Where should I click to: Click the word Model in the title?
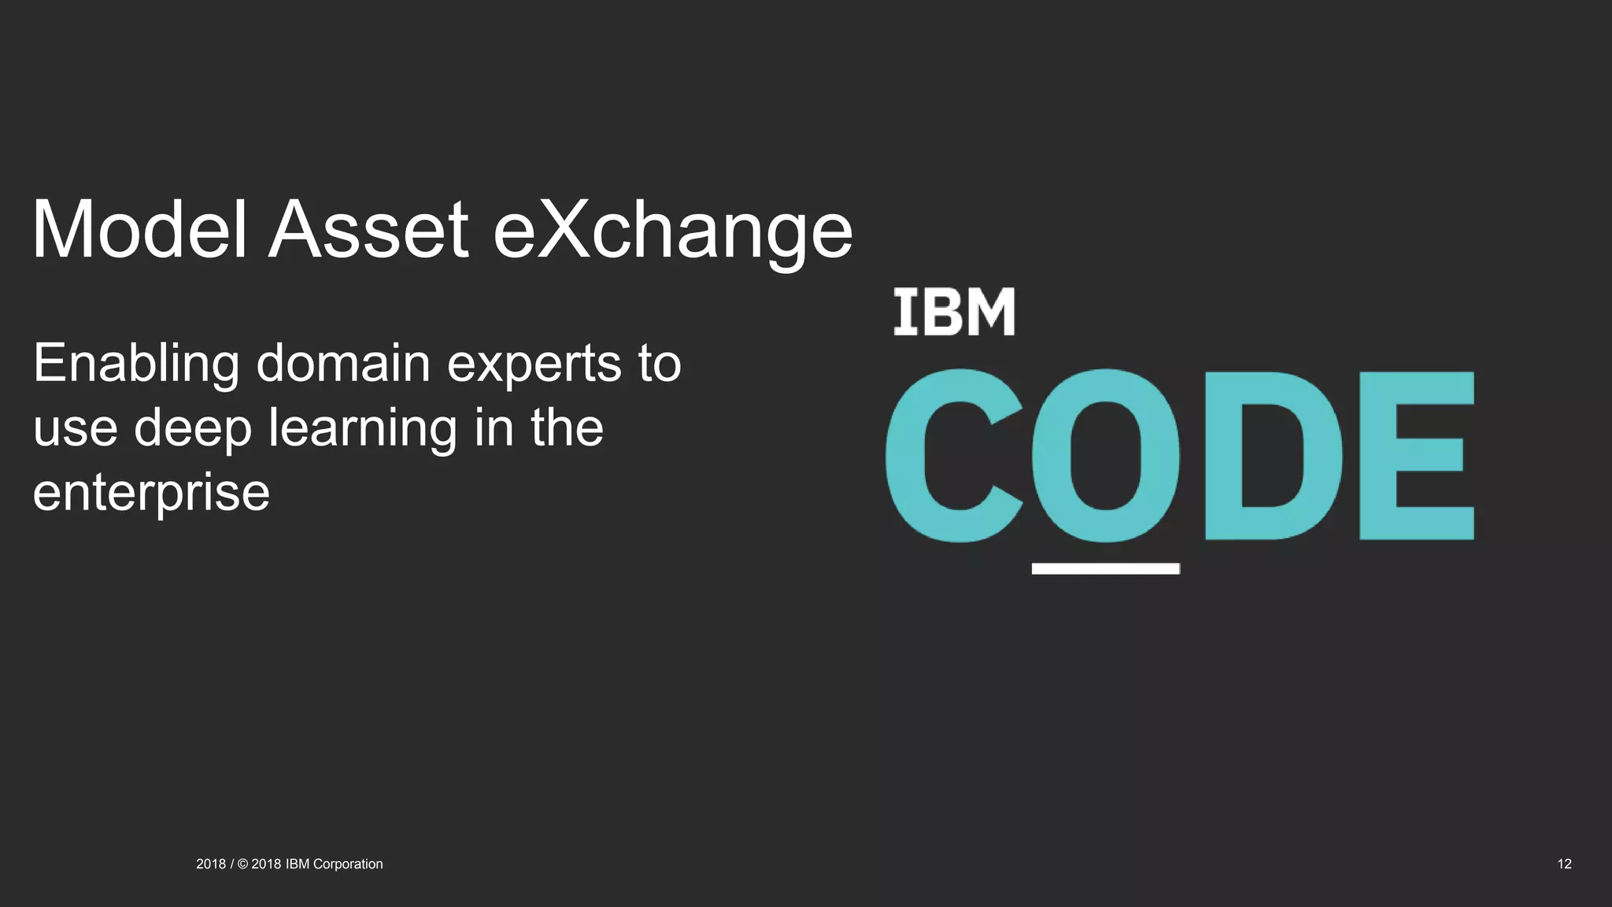pyautogui.click(x=140, y=230)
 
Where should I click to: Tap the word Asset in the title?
pyautogui.click(x=369, y=230)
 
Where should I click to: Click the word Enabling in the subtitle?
pyautogui.click(x=135, y=365)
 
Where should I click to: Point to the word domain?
pyautogui.click(x=343, y=364)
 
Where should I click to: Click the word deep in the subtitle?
pyautogui.click(x=193, y=430)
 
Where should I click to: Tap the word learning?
pyautogui.click(x=362, y=430)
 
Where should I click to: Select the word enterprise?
pyautogui.click(x=151, y=494)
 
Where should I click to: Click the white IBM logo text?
pyautogui.click(x=954, y=313)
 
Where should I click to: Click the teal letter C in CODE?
pyautogui.click(x=953, y=456)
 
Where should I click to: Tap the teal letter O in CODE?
pyautogui.click(x=1106, y=456)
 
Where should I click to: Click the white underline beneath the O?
pyautogui.click(x=1106, y=568)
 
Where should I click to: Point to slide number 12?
pyautogui.click(x=1564, y=864)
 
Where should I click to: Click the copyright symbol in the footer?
pyautogui.click(x=242, y=864)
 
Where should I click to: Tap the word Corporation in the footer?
pyautogui.click(x=348, y=864)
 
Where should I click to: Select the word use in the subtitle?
pyautogui.click(x=76, y=430)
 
